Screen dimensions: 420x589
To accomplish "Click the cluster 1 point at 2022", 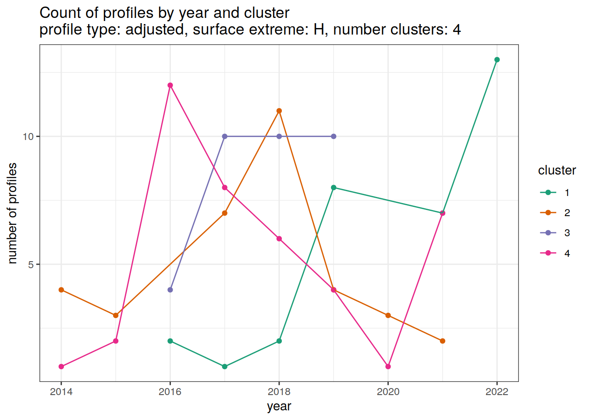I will click(497, 60).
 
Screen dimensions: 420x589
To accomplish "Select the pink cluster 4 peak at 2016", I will click(170, 85).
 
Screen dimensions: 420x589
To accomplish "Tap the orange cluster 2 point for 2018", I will click(279, 111).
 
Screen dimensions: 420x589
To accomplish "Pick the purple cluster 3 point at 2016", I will click(170, 290).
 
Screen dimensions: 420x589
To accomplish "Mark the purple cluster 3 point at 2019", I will click(334, 136).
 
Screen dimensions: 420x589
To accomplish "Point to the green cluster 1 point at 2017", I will click(225, 367).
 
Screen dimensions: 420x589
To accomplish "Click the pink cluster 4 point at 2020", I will click(388, 367).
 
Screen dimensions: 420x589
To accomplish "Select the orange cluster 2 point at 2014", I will click(61, 290).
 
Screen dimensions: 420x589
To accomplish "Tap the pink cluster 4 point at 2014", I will click(61, 367).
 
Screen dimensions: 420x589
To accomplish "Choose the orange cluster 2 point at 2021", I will click(443, 341).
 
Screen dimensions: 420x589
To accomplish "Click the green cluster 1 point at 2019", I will click(334, 188).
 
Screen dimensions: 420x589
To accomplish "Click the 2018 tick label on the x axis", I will click(279, 392).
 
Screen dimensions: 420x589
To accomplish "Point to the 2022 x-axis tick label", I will click(497, 392).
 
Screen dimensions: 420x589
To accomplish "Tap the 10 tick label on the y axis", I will click(28, 136).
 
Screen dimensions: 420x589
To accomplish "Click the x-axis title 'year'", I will click(279, 406).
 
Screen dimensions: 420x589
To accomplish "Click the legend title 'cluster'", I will click(557, 170).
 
